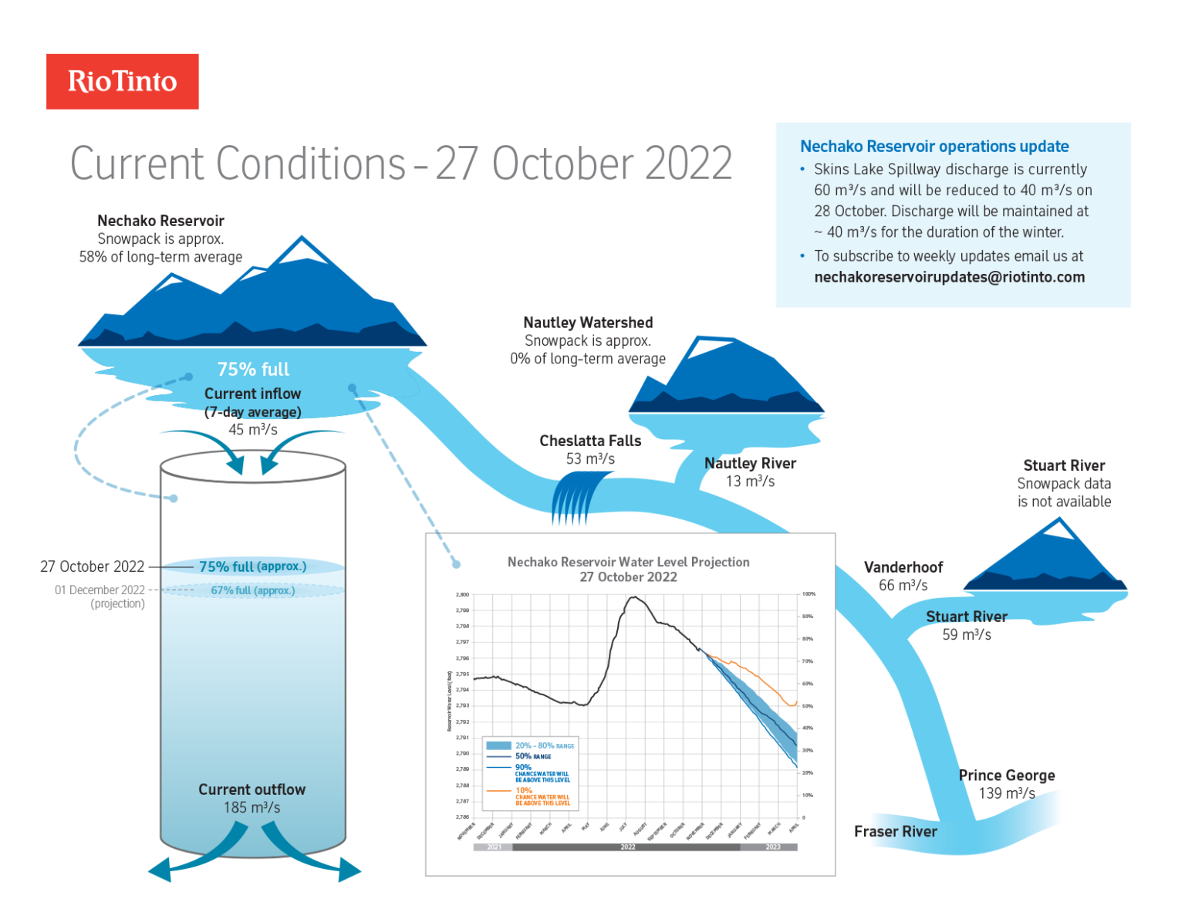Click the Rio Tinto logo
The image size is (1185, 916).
(x=122, y=81)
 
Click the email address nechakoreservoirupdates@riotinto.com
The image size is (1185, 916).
(x=949, y=277)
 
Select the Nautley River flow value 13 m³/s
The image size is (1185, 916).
(x=750, y=482)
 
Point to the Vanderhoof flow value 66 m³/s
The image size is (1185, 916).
(x=903, y=586)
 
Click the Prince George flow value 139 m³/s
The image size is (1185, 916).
(x=1006, y=793)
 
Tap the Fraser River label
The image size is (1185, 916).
(x=895, y=831)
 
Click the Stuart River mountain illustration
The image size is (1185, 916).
(x=1045, y=557)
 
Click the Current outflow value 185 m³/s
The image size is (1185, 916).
(x=252, y=808)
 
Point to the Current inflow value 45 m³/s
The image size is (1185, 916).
(x=252, y=430)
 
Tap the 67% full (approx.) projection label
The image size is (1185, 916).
(x=252, y=590)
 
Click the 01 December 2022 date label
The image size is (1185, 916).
(x=100, y=590)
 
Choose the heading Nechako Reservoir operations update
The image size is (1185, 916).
(x=933, y=147)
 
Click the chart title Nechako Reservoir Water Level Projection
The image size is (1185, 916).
(x=628, y=562)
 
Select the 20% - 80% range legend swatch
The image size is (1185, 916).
(x=498, y=745)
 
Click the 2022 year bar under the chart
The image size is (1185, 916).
(x=627, y=847)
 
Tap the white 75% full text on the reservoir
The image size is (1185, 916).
(x=253, y=370)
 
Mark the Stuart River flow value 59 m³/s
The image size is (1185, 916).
(x=966, y=635)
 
